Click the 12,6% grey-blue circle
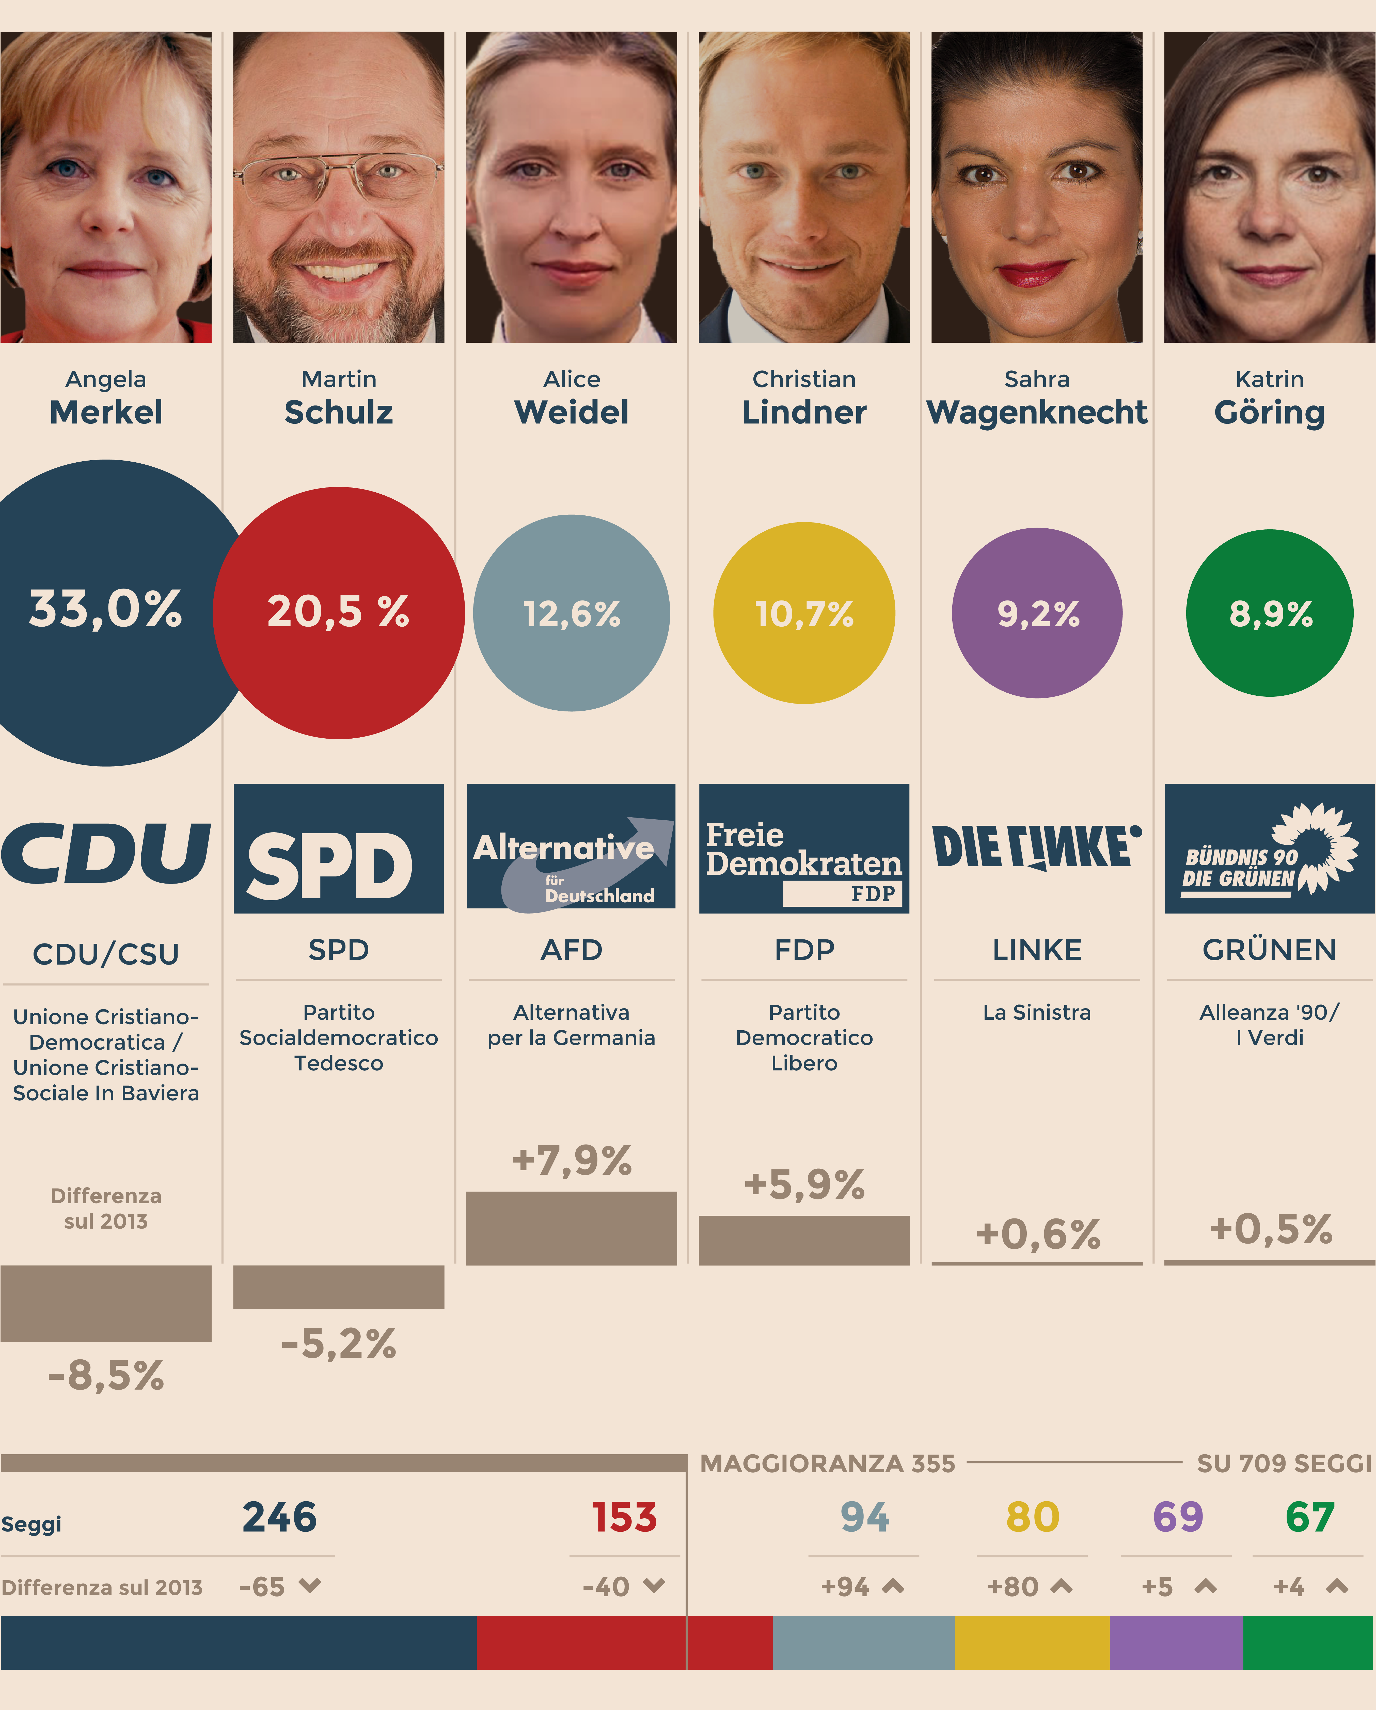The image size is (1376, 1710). pos(571,613)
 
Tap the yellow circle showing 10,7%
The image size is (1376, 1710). pos(804,613)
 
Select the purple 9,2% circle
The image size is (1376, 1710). pos(1037,613)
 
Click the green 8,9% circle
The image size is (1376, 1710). pos(1270,613)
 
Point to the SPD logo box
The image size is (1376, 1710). pos(339,849)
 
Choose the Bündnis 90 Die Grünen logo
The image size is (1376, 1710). pos(1270,849)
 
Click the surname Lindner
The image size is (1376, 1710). pos(804,412)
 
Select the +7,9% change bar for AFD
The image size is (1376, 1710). pos(571,1228)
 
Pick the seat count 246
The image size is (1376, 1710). pos(279,1517)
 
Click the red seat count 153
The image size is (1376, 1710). pos(625,1517)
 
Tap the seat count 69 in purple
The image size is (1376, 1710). pos(1178,1517)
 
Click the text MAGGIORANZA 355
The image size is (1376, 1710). pos(828,1463)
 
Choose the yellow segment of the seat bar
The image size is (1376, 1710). pos(1032,1642)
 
